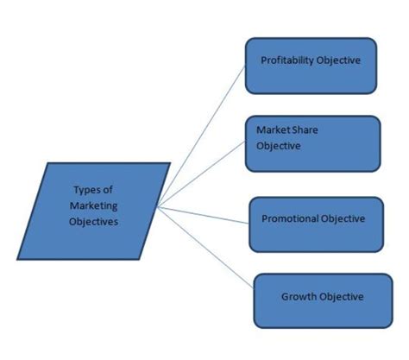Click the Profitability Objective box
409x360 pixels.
click(x=311, y=65)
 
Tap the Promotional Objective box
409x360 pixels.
click(x=315, y=224)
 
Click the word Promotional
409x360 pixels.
click(x=289, y=218)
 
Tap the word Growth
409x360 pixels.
click(x=298, y=297)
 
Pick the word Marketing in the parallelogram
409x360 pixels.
click(x=93, y=205)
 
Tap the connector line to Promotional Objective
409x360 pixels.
click(x=207, y=213)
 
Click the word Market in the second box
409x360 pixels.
click(x=272, y=130)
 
